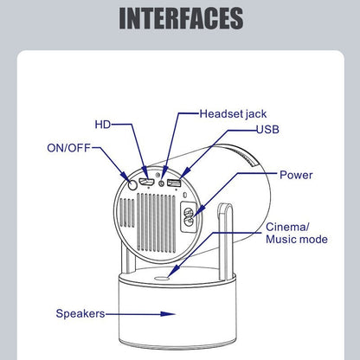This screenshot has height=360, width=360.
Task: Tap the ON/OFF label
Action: tap(68, 147)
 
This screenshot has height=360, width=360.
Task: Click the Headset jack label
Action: tap(239, 113)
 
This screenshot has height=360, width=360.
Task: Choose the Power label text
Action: tap(296, 174)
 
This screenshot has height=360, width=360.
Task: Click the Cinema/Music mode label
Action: tap(296, 233)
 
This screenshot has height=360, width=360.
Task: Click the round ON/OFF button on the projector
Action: tap(132, 183)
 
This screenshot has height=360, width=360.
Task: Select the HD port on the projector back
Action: tap(147, 183)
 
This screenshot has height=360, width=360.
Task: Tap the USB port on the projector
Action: tap(174, 184)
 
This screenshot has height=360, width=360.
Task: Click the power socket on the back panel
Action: tap(187, 216)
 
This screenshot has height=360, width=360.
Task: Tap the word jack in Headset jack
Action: tap(265, 113)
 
